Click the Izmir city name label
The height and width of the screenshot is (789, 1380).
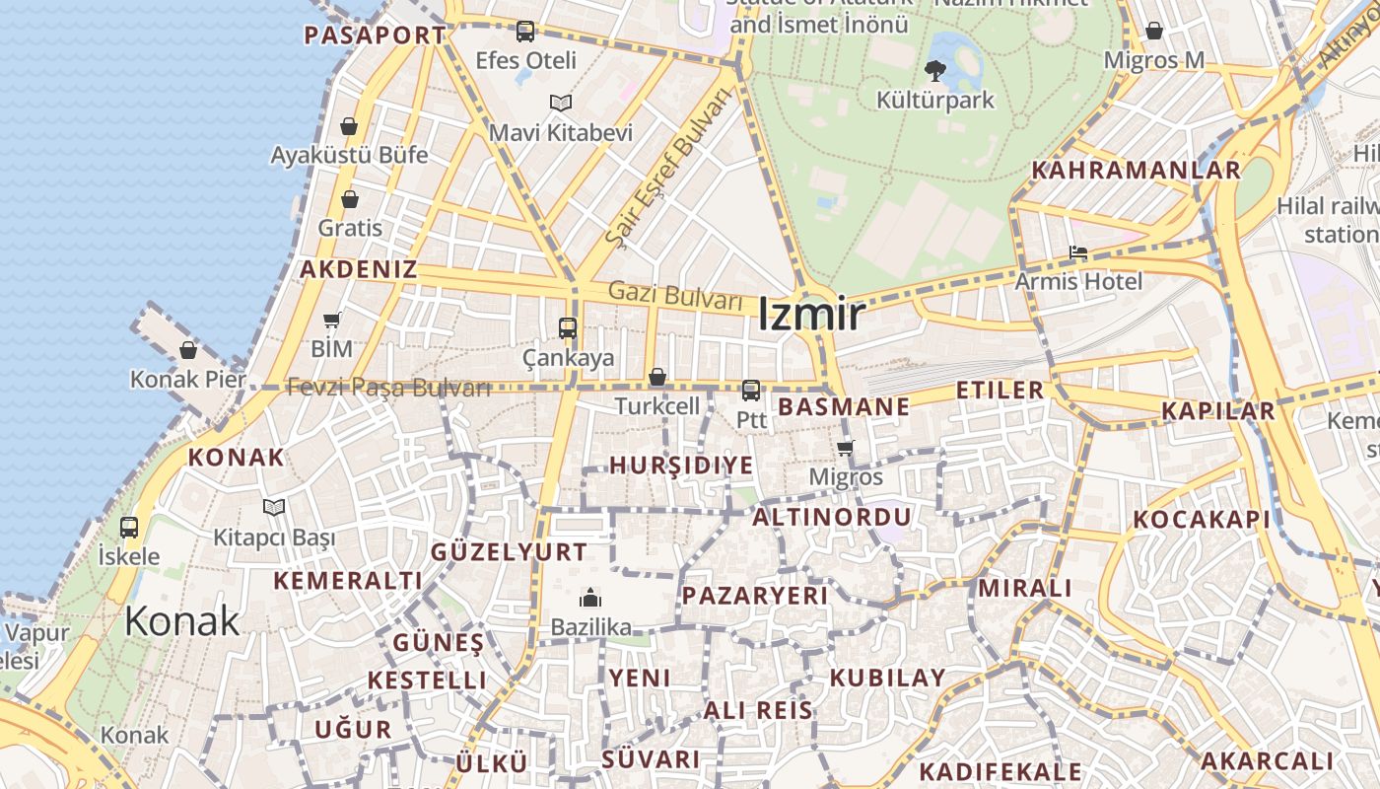[811, 315]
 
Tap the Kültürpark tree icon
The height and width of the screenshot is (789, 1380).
[934, 70]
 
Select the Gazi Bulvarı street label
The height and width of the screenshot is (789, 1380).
[675, 294]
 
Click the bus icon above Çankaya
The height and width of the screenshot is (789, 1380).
[568, 328]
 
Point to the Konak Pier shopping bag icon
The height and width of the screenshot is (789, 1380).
[188, 350]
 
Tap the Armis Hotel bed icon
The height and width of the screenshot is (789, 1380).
[1078, 253]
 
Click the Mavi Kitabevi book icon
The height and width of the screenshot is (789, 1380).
[561, 103]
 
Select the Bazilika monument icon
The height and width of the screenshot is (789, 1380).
[590, 598]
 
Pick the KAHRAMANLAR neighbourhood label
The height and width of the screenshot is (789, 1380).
[1136, 170]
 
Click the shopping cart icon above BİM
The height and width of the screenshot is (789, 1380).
[331, 320]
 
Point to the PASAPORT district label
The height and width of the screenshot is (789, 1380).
[375, 36]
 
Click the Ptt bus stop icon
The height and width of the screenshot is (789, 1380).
[751, 391]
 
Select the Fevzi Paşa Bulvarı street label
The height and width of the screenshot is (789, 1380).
[388, 388]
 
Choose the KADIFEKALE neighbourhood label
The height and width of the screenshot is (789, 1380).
[1000, 771]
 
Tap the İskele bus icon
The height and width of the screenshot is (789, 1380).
[129, 528]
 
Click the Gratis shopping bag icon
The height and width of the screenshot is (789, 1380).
[350, 200]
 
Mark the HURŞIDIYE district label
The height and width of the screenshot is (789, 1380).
[681, 466]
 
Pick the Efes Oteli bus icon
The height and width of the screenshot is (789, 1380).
[525, 32]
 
